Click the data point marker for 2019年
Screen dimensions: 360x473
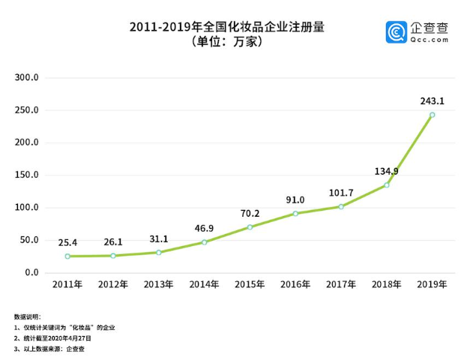(x=432, y=115)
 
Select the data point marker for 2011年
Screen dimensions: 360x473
(x=67, y=256)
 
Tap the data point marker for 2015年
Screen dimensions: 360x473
(x=250, y=227)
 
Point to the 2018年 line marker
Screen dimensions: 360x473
(x=387, y=185)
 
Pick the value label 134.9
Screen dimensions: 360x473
(x=387, y=171)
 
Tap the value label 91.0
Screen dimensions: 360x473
(x=295, y=199)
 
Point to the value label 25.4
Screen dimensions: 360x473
(x=67, y=242)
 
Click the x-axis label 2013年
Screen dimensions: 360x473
(x=159, y=286)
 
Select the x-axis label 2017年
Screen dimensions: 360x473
(x=341, y=286)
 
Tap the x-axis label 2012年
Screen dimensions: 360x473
(x=113, y=286)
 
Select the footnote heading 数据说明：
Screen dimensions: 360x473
(x=28, y=317)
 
